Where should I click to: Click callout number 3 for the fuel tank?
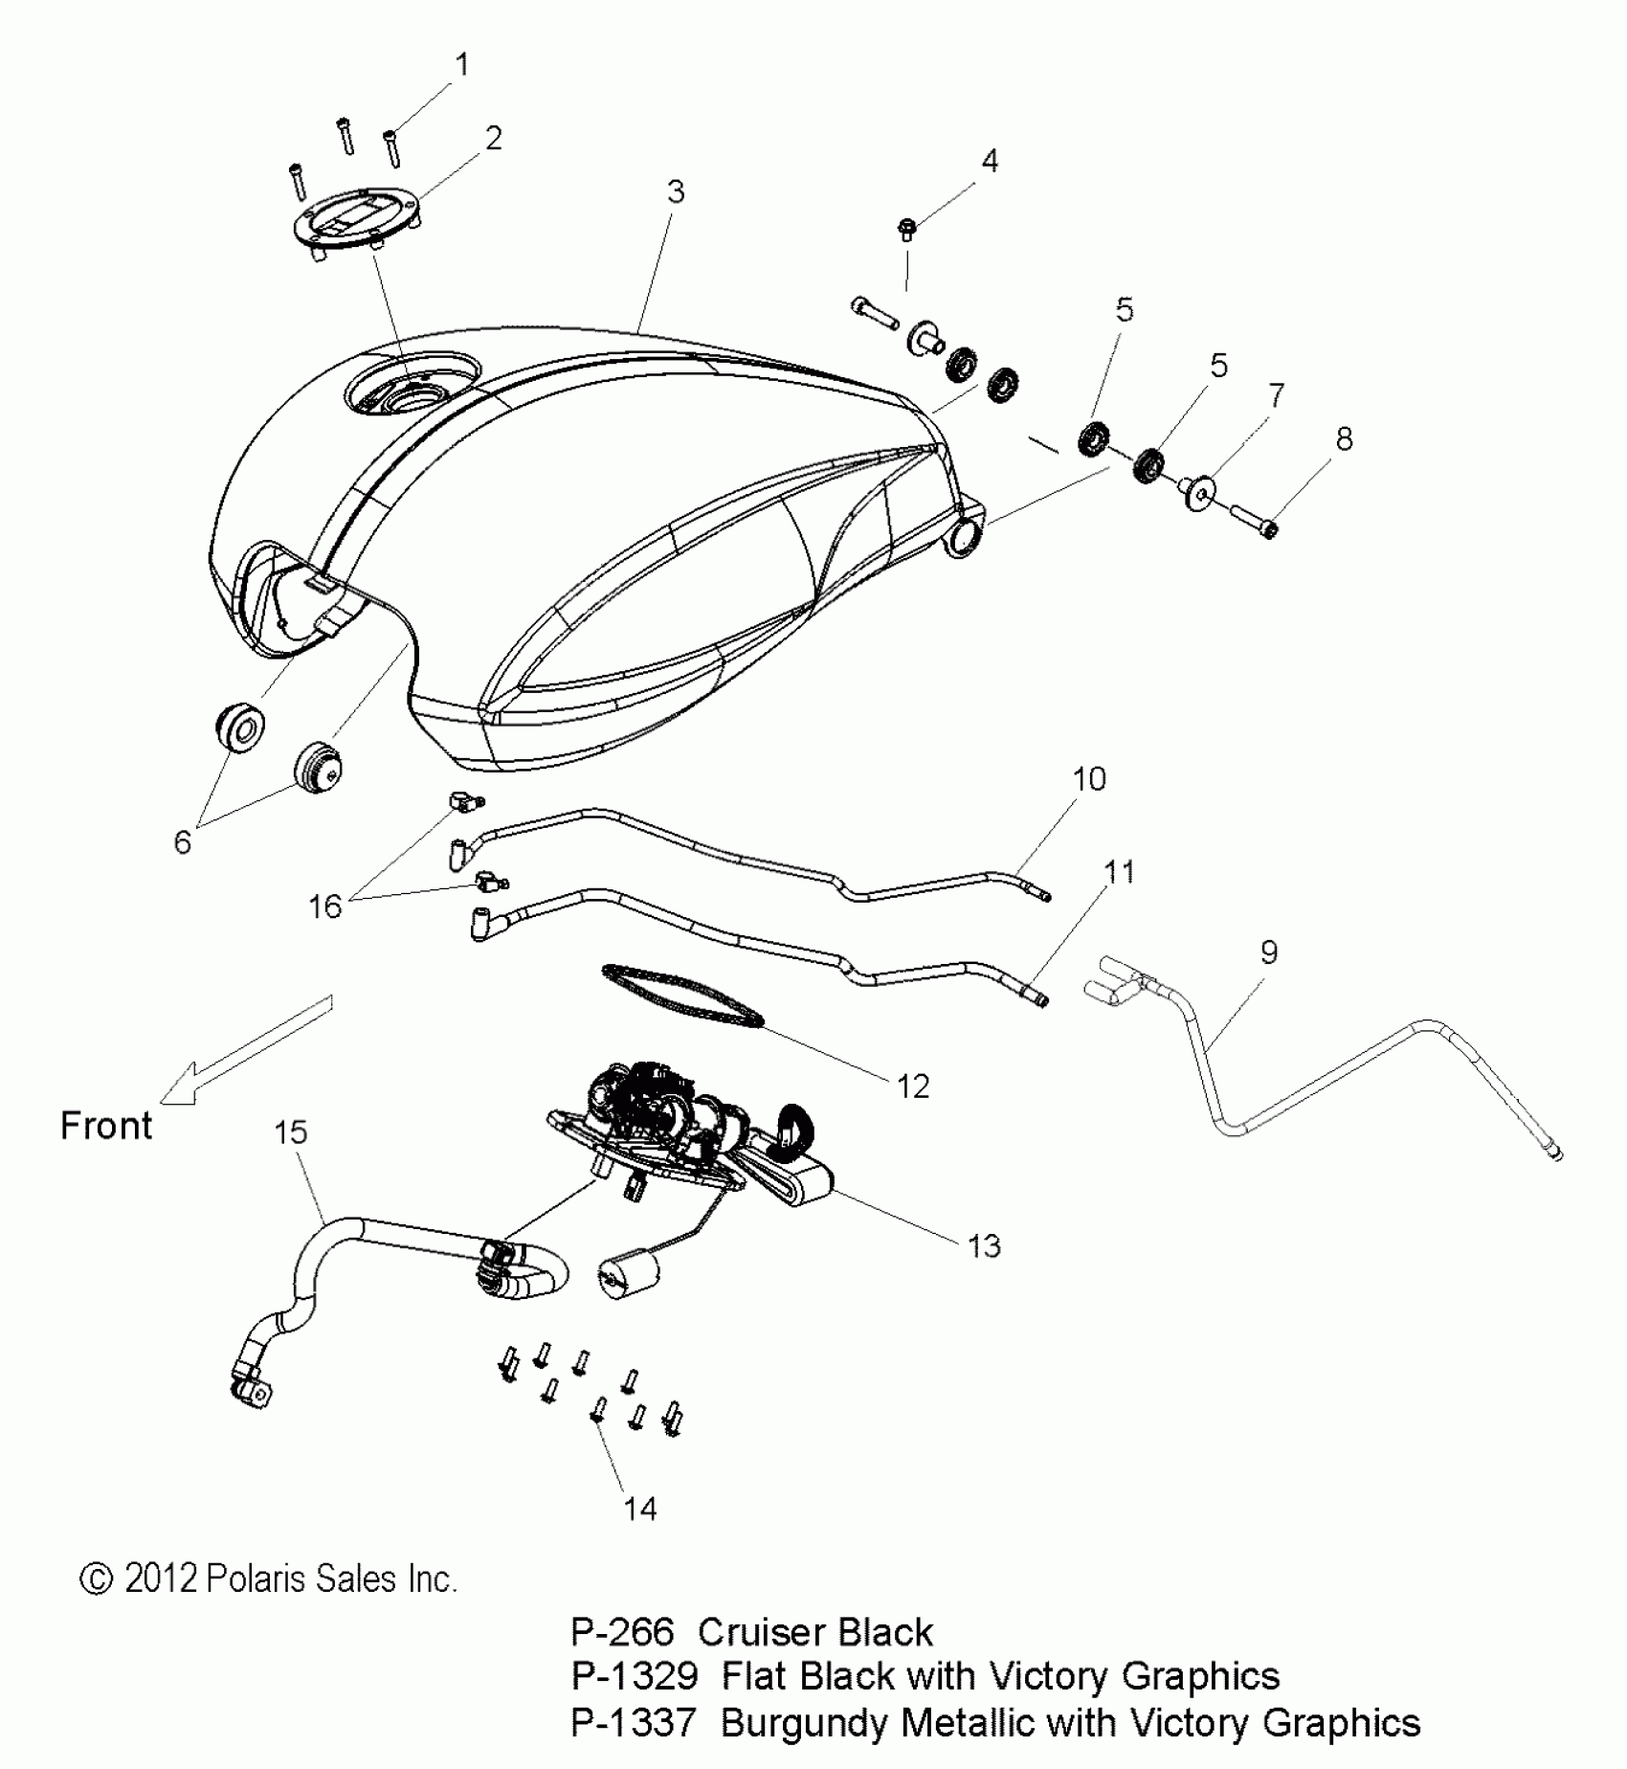(676, 192)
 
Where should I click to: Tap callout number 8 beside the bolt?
(1344, 439)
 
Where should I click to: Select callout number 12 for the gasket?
(913, 1086)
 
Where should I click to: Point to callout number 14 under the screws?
(640, 1509)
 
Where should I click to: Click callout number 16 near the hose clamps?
(325, 906)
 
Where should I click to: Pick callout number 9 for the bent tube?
(1268, 952)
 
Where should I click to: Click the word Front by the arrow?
(106, 1126)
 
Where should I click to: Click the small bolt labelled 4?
(905, 229)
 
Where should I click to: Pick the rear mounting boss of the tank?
(965, 539)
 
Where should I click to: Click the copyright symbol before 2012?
(96, 1579)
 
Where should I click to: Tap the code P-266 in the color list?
(621, 1633)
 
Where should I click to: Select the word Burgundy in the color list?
(804, 1724)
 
